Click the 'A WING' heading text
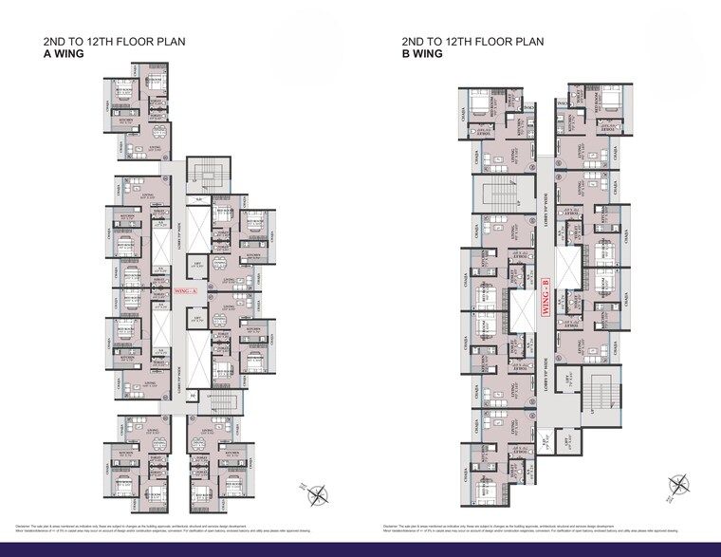click(64, 54)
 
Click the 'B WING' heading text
click(422, 54)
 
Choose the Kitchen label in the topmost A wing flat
click(126, 121)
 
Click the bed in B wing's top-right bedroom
click(612, 99)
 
